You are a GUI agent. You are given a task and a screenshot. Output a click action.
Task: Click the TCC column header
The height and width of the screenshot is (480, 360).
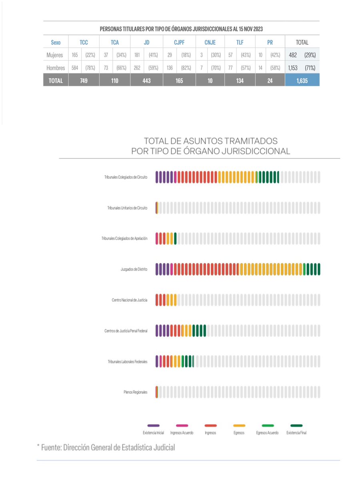coord(84,42)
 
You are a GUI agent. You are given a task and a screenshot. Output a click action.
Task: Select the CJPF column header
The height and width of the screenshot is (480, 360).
coord(179,42)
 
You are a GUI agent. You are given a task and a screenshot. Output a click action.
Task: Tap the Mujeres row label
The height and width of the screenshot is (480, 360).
coord(55,55)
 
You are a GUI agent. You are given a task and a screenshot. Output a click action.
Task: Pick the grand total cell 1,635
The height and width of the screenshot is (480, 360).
coord(302,80)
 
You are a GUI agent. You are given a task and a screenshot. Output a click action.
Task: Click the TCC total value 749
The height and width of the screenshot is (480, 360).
coord(84,80)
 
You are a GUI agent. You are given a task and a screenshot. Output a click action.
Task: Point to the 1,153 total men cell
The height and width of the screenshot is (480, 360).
coord(293,68)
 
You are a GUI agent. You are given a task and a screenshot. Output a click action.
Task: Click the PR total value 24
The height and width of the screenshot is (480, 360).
coord(270,80)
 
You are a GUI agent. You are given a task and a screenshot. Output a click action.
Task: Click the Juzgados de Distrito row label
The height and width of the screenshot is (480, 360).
coord(134,270)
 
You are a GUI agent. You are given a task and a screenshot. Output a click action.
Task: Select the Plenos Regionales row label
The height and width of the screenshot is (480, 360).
coord(135,392)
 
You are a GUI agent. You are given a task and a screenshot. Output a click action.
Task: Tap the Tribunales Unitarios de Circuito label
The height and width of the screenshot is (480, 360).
coord(127,208)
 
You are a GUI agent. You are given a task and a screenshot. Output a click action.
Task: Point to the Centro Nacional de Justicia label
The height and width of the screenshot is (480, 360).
coord(129,300)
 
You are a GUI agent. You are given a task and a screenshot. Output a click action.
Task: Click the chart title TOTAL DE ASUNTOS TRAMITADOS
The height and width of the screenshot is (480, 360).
coord(210,141)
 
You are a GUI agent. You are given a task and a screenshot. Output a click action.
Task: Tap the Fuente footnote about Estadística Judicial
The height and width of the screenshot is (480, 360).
coord(106,447)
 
